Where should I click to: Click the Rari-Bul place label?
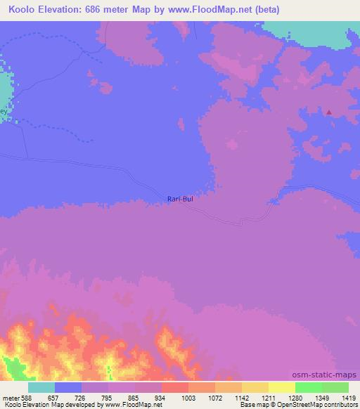180,199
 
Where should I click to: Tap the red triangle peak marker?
328,112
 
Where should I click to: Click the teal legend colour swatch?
41,387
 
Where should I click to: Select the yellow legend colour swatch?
281,387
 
